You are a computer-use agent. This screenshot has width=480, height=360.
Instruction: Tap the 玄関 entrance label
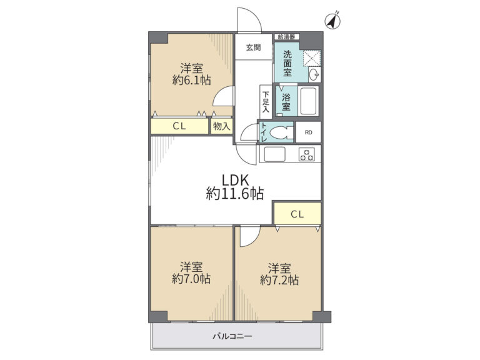254,47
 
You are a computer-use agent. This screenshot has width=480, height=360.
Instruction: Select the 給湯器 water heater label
286,37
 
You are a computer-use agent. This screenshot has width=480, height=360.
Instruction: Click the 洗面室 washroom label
287,64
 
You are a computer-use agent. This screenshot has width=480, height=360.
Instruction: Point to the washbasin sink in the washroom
314,74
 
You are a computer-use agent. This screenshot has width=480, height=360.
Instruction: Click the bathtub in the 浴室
308,101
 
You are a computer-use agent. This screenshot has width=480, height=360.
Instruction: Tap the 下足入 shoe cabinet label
266,102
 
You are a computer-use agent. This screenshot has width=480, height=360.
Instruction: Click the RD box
308,132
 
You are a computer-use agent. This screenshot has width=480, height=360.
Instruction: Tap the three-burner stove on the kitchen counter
307,154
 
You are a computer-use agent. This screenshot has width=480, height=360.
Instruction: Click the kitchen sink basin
274,154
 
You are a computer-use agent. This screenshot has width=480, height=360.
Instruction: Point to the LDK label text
236,180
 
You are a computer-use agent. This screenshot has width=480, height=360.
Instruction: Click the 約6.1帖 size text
192,80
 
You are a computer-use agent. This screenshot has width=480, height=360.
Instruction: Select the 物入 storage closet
222,126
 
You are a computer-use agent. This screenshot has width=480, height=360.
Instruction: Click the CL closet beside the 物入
179,126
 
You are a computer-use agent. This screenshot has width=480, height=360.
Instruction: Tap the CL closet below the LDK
297,213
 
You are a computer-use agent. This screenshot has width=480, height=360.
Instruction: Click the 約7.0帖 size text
191,279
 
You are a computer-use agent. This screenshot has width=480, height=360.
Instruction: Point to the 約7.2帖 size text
279,280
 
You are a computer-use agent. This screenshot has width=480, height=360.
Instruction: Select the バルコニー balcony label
232,337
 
